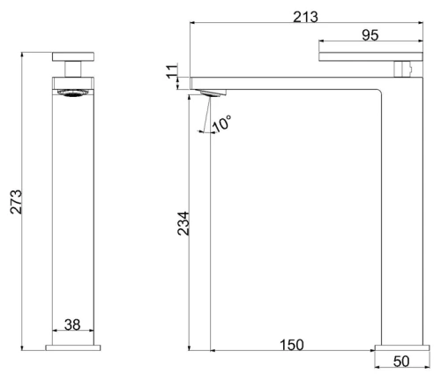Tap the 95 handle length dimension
[370, 35]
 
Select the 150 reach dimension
[294, 344]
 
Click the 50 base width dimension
[401, 362]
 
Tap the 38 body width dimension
[72, 325]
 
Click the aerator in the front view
[73, 93]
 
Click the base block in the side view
[401, 347]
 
